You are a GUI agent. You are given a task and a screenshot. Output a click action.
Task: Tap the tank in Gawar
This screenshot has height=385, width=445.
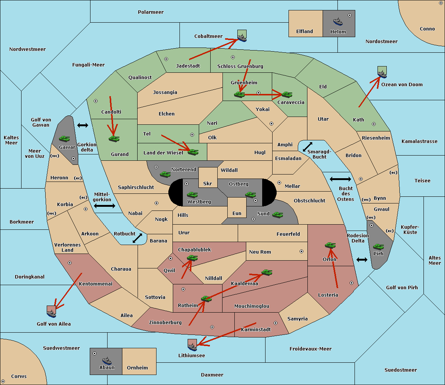pyautogui.click(x=65, y=138)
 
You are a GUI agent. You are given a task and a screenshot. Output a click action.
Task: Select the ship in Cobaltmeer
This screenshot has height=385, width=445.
pyautogui.click(x=242, y=38)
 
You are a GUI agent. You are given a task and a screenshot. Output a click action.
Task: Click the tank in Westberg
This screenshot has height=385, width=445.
pyautogui.click(x=192, y=195)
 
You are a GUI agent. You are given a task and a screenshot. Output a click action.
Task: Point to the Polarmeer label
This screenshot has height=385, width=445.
pyautogui.click(x=151, y=12)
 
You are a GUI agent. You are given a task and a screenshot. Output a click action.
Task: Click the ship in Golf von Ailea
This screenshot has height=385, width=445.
pyautogui.click(x=52, y=314)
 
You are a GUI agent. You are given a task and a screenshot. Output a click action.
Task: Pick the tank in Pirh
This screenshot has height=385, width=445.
pyautogui.click(x=378, y=247)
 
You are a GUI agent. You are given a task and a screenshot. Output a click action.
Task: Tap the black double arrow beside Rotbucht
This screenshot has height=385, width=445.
pyautogui.click(x=137, y=238)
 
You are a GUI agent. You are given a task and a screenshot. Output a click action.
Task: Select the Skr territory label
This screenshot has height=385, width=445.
pyautogui.click(x=208, y=183)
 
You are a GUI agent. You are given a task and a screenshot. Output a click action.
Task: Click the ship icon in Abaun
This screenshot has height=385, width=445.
pyautogui.click(x=107, y=360)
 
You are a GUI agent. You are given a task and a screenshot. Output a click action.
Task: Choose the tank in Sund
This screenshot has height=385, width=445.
pyautogui.click(x=277, y=215)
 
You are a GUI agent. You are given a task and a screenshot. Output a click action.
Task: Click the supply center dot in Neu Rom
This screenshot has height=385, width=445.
pyautogui.click(x=301, y=251)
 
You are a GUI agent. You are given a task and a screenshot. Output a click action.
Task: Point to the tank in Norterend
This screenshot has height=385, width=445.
pyautogui.click(x=165, y=174)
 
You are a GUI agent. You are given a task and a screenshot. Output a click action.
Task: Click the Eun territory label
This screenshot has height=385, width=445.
pyautogui.click(x=237, y=213)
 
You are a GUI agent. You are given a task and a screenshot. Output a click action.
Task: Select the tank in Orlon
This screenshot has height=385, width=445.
pyautogui.click(x=330, y=245)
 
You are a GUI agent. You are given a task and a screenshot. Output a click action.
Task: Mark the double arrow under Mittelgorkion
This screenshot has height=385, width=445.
pyautogui.click(x=105, y=206)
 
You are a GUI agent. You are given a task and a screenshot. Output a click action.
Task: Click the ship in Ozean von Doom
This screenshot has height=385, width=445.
pyautogui.click(x=382, y=74)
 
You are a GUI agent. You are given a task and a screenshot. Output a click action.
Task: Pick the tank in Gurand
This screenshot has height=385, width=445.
pyautogui.click(x=114, y=138)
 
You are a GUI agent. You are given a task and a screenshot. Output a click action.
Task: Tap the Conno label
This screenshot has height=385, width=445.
pyautogui.click(x=427, y=29)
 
